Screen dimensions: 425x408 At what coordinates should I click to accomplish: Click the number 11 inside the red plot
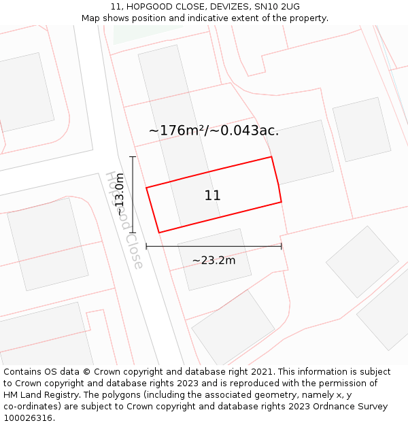[212, 196]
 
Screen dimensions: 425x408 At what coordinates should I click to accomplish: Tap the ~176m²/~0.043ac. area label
[214, 131]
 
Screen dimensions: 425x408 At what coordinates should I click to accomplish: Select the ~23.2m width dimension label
[214, 260]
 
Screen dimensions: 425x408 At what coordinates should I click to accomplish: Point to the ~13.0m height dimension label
[120, 194]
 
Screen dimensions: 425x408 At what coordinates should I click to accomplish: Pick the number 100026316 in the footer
[28, 418]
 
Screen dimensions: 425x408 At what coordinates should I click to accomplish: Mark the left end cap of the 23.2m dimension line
[146, 246]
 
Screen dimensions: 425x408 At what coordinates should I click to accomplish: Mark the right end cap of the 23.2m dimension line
[281, 246]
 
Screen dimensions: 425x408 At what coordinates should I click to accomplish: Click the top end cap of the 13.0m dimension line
[133, 157]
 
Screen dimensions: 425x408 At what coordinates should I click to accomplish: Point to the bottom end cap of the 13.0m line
[133, 233]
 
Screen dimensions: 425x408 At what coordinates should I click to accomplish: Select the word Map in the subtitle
[92, 18]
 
